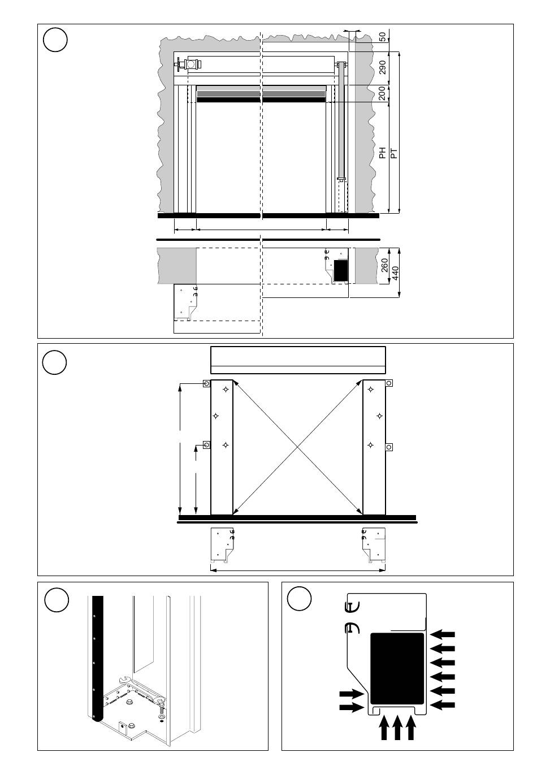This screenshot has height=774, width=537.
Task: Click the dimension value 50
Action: click(383, 37)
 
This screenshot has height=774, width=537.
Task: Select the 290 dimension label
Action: click(383, 67)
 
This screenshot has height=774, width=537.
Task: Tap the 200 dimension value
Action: click(383, 93)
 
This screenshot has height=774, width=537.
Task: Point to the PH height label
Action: click(383, 152)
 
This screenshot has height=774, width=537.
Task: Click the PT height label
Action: click(395, 152)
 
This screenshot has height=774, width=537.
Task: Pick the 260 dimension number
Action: click(385, 265)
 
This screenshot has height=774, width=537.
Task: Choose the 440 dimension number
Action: click(396, 273)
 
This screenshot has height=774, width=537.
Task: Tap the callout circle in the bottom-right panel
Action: click(299, 599)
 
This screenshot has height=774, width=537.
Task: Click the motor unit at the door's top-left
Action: click(192, 64)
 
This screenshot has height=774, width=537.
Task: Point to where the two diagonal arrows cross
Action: click(298, 447)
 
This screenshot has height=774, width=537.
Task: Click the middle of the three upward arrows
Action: click(397, 727)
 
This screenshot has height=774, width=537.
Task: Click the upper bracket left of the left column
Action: click(206, 384)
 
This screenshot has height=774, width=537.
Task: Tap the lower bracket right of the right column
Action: click(389, 447)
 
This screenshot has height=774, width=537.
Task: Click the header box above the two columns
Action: click(298, 360)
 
